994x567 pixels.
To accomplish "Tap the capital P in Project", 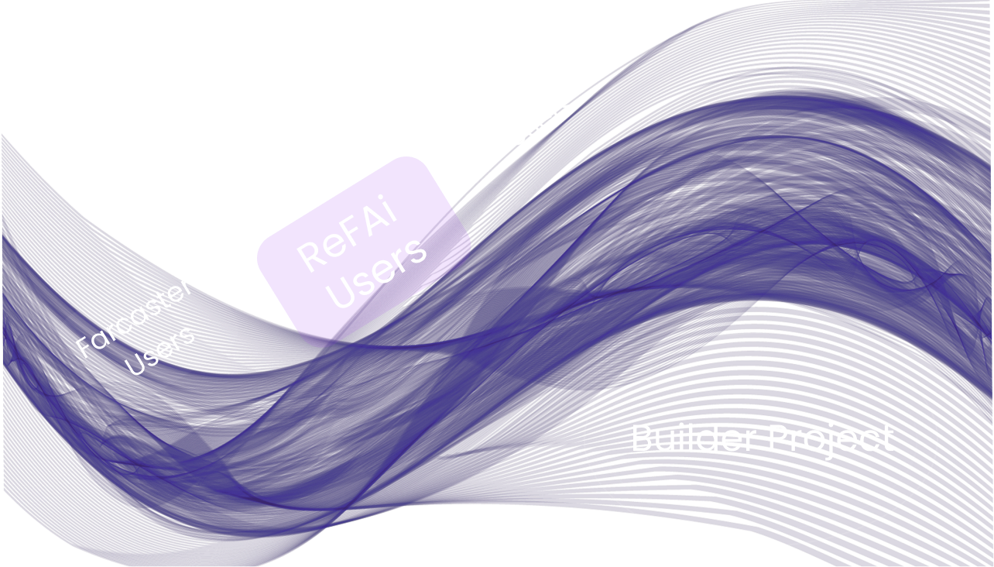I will [x=776, y=438].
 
